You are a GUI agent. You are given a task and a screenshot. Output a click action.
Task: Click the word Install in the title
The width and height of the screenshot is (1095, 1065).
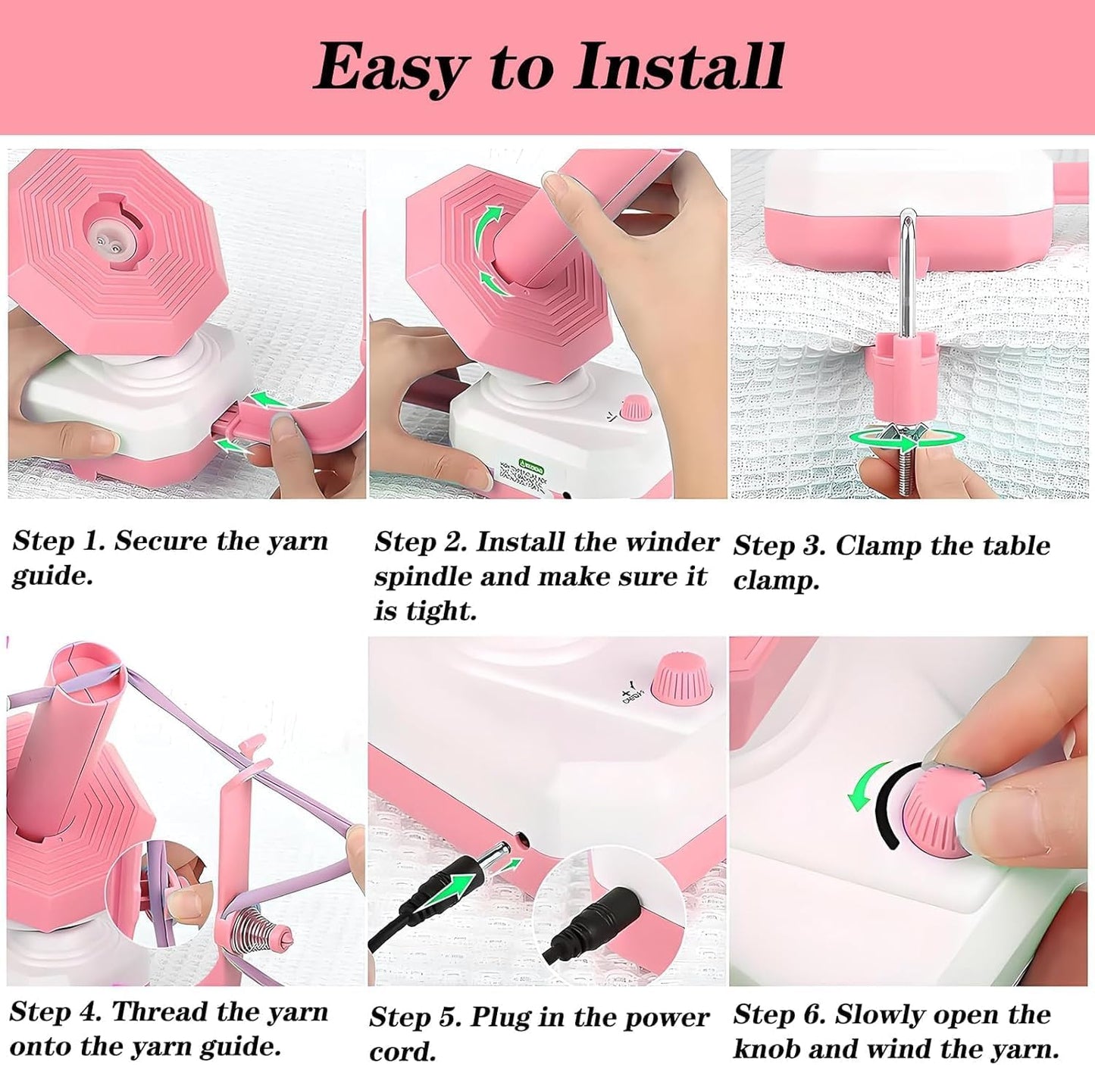click(678, 67)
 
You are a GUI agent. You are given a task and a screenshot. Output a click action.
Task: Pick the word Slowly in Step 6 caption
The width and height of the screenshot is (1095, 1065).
click(884, 1015)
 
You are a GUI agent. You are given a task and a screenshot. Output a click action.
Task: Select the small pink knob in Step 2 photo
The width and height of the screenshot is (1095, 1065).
click(635, 409)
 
